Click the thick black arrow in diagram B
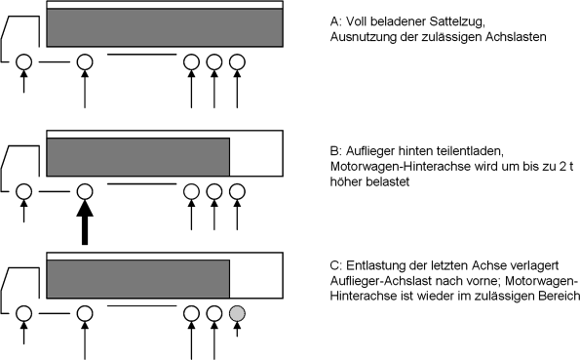(85, 222)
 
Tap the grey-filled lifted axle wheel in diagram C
(237, 314)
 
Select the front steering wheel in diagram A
(24, 61)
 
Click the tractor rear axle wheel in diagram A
(85, 61)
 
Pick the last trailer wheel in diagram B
(237, 191)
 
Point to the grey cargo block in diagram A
(165, 27)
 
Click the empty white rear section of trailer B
(256, 157)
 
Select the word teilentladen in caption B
(470, 151)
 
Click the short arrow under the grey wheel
(237, 329)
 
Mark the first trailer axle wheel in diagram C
(191, 314)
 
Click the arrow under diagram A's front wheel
(24, 82)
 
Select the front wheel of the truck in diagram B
(24, 191)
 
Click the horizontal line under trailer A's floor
(141, 55)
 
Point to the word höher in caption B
(346, 181)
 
